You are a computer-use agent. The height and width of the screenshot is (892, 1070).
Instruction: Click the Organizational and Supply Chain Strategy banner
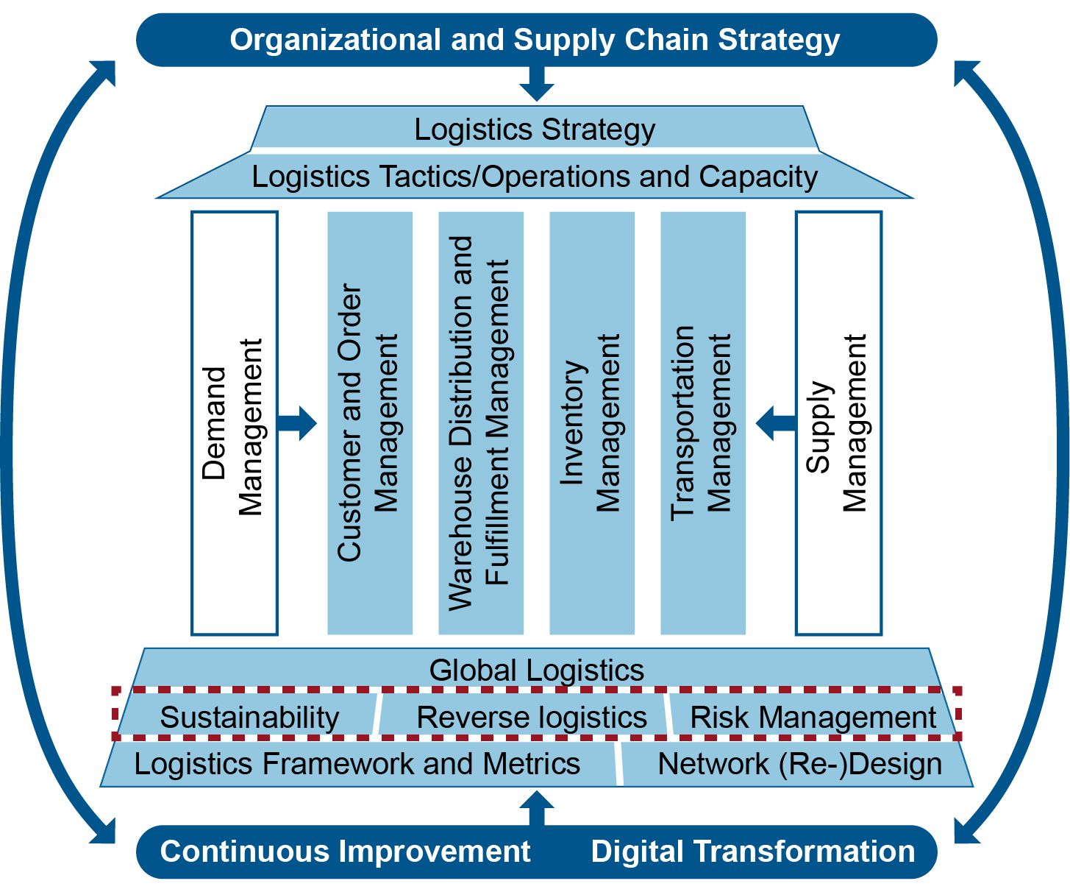click(x=535, y=40)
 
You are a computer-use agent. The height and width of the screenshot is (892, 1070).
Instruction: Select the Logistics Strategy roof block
click(x=535, y=129)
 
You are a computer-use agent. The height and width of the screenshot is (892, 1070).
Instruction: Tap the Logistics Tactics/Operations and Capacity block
click(x=535, y=177)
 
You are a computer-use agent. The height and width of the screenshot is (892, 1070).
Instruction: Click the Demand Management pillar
click(x=234, y=423)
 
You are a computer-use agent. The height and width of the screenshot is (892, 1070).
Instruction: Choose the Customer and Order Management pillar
click(x=369, y=423)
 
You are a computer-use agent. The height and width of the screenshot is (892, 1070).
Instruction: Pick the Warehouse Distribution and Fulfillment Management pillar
click(x=480, y=423)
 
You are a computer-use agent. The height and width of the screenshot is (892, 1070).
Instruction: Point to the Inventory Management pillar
click(x=591, y=423)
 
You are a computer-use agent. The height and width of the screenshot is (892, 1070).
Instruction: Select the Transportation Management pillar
click(x=703, y=423)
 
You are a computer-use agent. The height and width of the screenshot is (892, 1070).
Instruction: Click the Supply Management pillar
click(x=838, y=423)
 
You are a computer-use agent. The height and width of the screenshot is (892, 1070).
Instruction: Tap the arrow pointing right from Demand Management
click(x=299, y=423)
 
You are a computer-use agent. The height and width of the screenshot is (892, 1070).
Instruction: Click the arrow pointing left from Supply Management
click(x=775, y=423)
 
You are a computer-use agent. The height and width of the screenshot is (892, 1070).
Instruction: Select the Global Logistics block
click(x=536, y=669)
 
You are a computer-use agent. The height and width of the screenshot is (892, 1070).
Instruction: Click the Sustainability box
click(x=249, y=717)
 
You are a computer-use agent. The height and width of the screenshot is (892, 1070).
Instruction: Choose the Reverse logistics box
click(x=531, y=717)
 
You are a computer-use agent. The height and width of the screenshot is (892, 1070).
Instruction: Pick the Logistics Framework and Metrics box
click(x=357, y=764)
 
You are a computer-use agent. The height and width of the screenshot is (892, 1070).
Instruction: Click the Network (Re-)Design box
click(x=799, y=764)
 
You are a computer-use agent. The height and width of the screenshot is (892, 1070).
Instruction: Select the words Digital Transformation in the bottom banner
click(x=753, y=852)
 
